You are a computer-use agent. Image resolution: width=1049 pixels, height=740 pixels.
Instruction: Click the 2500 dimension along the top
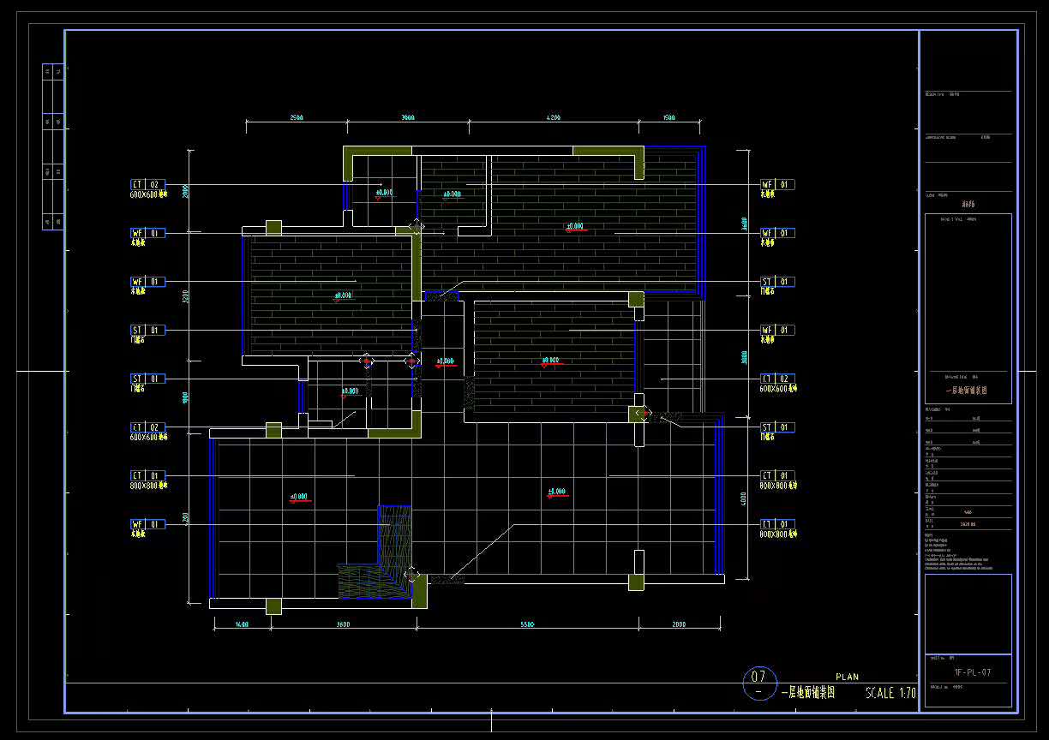click(297, 117)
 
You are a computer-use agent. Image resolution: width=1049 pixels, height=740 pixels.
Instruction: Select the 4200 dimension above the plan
click(553, 117)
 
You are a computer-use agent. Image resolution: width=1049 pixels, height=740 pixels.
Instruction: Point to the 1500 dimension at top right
click(669, 117)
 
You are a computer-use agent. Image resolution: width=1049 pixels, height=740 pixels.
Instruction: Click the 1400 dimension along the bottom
click(242, 625)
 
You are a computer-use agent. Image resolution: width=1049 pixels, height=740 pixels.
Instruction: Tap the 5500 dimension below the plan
click(527, 625)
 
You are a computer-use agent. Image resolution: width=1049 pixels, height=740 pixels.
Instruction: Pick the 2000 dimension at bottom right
click(679, 625)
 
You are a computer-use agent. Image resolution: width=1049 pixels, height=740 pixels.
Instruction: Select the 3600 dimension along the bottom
click(343, 625)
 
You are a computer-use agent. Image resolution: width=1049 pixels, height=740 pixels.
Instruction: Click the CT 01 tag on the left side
click(147, 475)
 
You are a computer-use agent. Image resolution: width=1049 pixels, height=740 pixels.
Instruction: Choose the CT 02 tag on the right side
click(778, 379)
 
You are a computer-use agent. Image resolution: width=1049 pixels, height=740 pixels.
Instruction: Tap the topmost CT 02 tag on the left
click(147, 184)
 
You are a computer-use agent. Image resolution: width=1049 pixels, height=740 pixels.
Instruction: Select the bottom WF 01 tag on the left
click(147, 524)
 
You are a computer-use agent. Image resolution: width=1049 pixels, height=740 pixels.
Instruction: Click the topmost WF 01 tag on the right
click(778, 184)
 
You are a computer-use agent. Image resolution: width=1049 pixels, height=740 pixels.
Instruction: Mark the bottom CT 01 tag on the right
click(778, 524)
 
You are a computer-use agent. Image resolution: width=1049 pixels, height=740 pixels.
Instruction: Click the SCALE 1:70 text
click(890, 693)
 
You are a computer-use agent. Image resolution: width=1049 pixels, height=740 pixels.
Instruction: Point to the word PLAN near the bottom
click(847, 677)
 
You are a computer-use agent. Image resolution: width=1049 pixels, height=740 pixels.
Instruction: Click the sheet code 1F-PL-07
click(972, 672)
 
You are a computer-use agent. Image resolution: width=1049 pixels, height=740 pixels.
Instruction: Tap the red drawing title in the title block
click(966, 390)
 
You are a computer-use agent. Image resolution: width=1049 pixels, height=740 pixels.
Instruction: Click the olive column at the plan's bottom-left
click(273, 606)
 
